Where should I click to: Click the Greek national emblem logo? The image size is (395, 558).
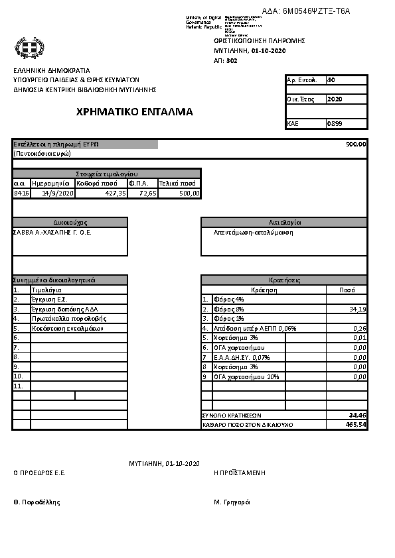coord(29,48)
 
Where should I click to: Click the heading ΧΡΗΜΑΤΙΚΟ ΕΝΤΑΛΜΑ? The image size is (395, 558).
coord(135,112)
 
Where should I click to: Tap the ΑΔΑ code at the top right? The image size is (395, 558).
coord(305,11)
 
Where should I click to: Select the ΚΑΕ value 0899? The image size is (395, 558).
coord(335,124)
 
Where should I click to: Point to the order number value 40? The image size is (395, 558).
coord(331,80)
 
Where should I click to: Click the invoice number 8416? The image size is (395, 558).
coord(21,193)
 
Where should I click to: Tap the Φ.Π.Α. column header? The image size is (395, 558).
coord(138,183)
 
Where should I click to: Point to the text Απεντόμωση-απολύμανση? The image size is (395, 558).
coord(253,233)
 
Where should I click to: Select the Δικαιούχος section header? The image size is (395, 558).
coord(70,223)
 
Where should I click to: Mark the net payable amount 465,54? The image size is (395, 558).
coord(356,424)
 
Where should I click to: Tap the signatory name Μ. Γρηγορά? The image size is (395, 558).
coord(232,502)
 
